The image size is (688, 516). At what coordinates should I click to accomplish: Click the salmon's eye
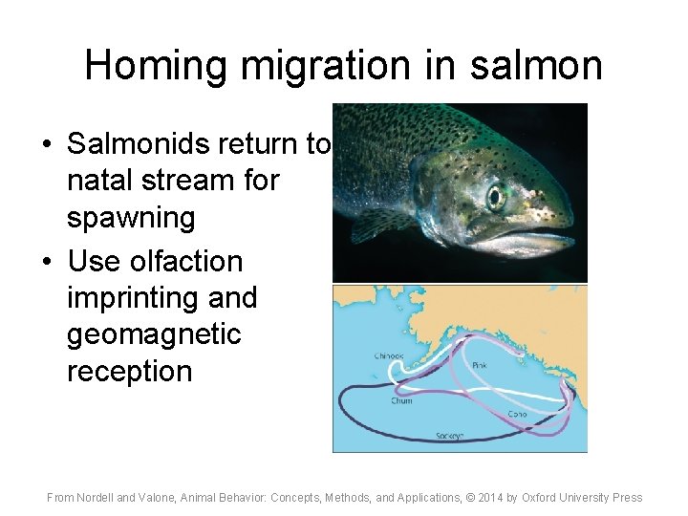pyautogui.click(x=496, y=197)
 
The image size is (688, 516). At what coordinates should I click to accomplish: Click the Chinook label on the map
pyautogui.click(x=389, y=356)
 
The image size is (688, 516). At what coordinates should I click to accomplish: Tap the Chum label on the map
pyautogui.click(x=401, y=400)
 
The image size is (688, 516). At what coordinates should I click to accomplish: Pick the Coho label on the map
pyautogui.click(x=517, y=414)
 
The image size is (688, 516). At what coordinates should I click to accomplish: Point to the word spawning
pyautogui.click(x=131, y=218)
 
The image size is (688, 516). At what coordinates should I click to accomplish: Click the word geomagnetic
pyautogui.click(x=154, y=334)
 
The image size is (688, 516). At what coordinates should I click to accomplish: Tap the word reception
pyautogui.click(x=129, y=372)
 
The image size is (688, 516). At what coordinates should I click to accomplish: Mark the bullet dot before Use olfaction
pyautogui.click(x=47, y=262)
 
